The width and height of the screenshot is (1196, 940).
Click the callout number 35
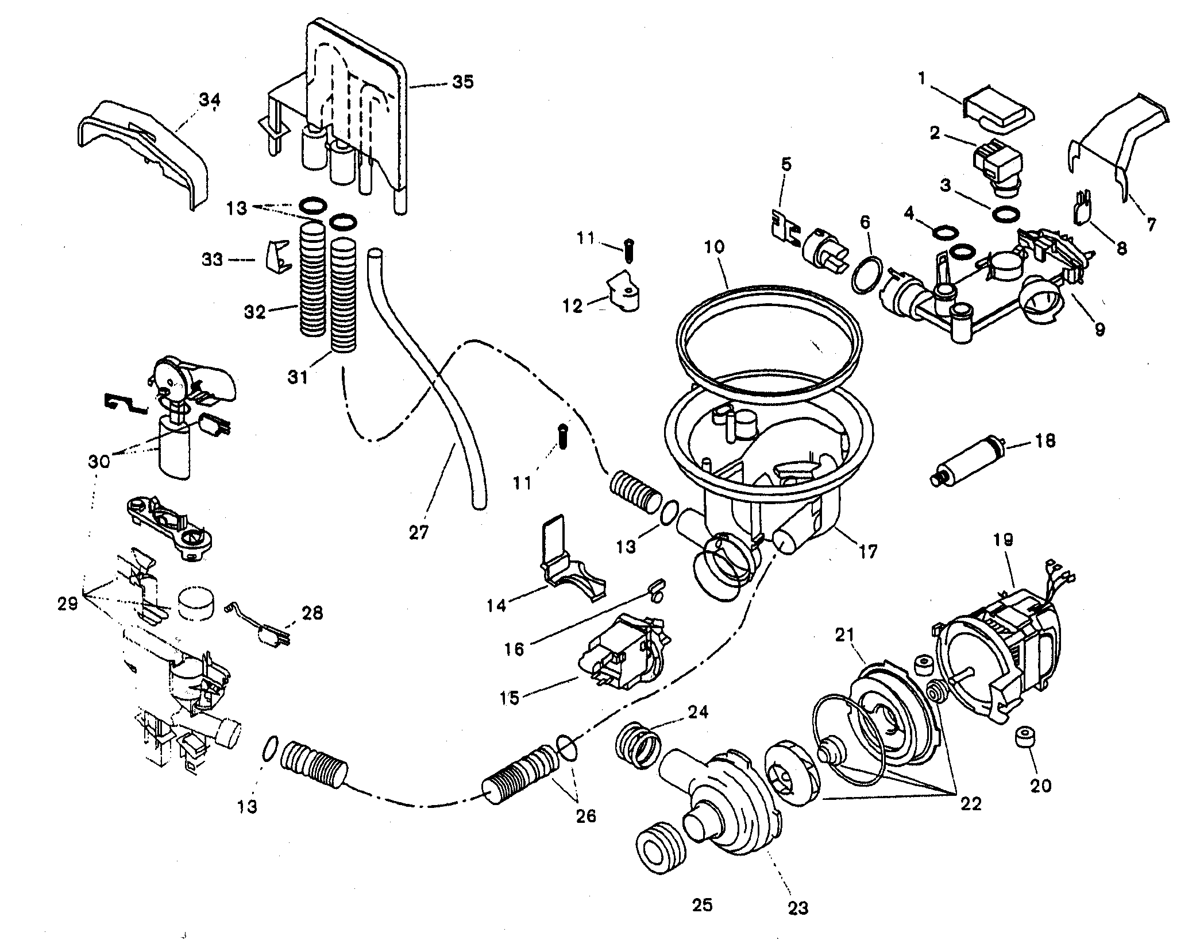tap(462, 82)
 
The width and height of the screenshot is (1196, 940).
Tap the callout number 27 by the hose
tap(419, 533)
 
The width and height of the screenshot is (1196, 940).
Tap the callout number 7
tap(1151, 225)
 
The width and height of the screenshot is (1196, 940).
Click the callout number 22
tap(971, 804)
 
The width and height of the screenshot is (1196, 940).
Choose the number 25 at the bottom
tap(702, 906)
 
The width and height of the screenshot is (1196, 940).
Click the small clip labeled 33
tap(276, 259)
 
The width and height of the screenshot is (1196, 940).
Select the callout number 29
tap(68, 604)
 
